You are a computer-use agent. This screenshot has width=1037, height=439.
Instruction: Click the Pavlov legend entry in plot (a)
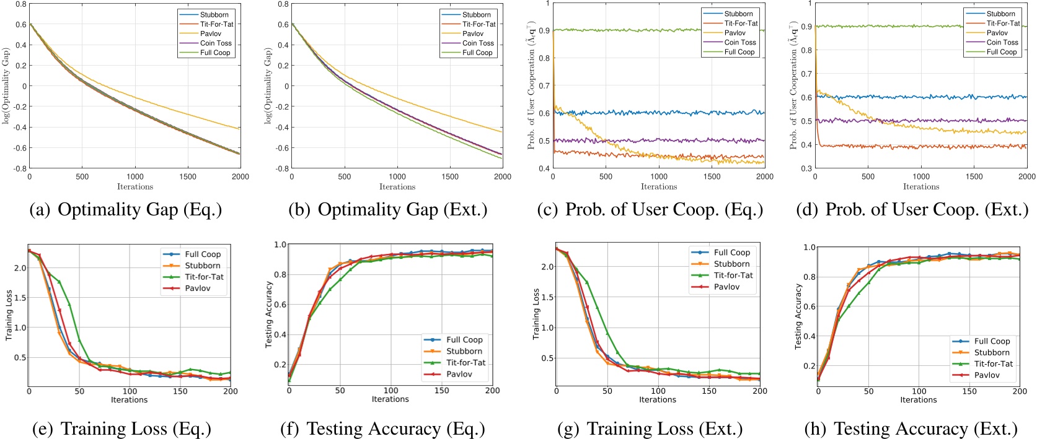[210, 33]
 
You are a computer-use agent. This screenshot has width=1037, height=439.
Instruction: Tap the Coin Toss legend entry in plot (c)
[739, 42]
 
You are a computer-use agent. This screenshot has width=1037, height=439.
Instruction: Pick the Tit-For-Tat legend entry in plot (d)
[1003, 23]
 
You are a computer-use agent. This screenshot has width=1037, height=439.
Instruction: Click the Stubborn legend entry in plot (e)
[202, 266]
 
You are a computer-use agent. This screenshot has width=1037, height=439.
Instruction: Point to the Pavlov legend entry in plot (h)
[986, 375]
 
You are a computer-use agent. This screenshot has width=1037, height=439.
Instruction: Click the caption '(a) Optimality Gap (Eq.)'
[126, 210]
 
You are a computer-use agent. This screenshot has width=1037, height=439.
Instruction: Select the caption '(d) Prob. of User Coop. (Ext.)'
[912, 210]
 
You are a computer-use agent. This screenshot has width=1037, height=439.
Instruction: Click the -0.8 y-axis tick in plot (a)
[20, 168]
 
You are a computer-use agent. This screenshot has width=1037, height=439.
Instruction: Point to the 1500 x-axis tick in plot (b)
[450, 176]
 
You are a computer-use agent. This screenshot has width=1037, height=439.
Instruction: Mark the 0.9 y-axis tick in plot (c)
[544, 30]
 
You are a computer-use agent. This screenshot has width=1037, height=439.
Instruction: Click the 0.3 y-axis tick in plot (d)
[806, 168]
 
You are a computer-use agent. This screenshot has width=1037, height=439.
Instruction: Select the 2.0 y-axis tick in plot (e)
[20, 268]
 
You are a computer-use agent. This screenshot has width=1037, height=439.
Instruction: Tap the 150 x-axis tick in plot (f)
[441, 391]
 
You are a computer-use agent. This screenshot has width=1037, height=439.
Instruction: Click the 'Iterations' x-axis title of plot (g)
[658, 400]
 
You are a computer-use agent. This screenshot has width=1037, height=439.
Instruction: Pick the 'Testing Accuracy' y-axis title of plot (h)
[798, 316]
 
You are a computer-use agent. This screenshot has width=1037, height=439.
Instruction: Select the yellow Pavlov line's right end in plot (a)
[240, 129]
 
